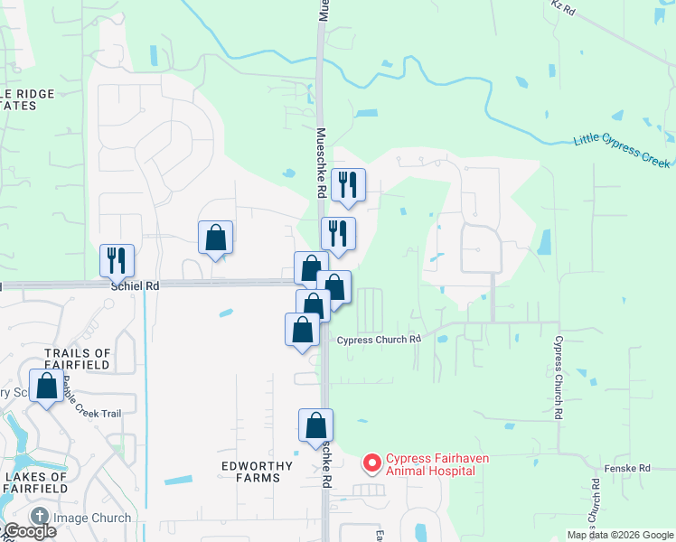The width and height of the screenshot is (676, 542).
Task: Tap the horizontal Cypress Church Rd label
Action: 380,340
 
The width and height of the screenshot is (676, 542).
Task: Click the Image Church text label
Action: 92,519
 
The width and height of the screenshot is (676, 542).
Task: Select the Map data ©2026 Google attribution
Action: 621,535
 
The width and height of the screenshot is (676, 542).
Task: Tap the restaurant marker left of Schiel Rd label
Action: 117,260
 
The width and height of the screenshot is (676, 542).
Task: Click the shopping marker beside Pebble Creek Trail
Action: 45,386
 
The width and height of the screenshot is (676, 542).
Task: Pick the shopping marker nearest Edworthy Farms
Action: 315,425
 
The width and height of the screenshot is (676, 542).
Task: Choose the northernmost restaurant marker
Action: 348,184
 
